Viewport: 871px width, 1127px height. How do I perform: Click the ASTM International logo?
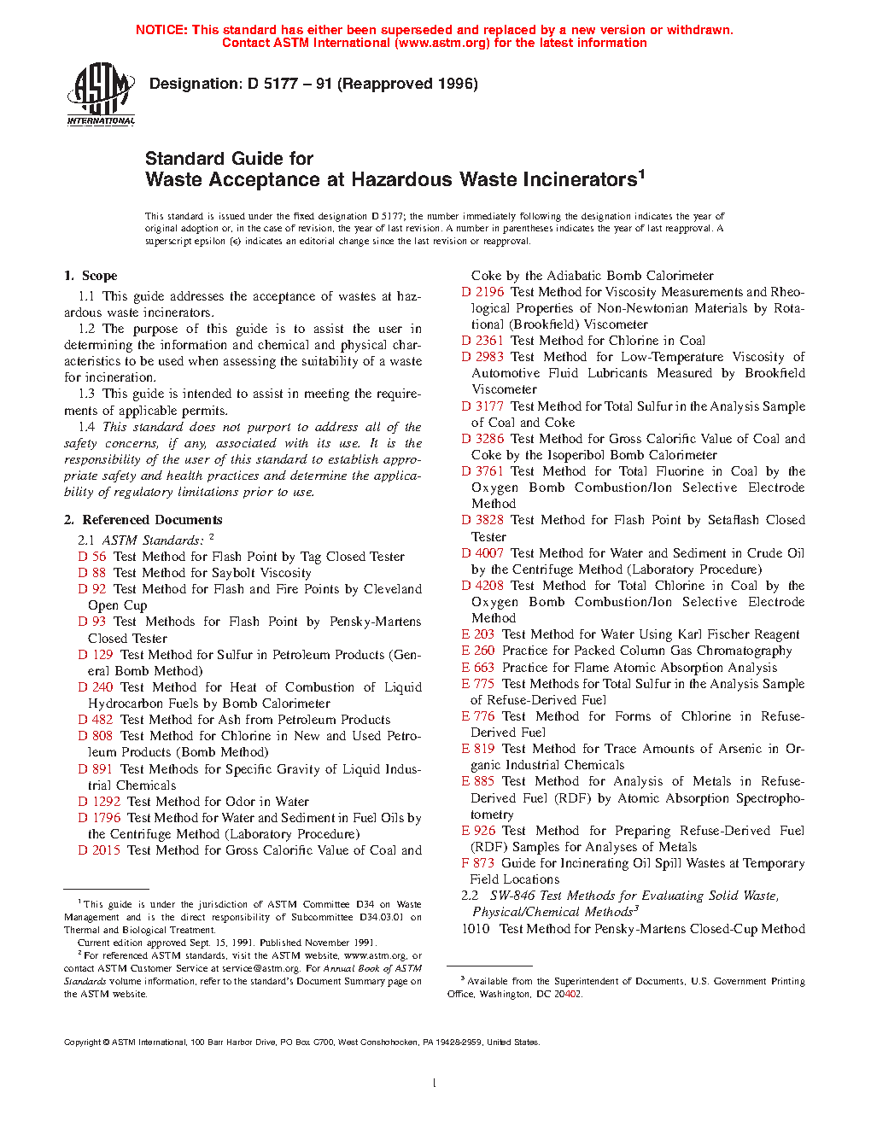pos(100,95)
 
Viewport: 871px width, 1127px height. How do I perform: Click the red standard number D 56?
pos(92,557)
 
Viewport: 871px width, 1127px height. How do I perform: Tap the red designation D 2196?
pos(482,292)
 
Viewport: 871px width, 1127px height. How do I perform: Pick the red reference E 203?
pos(477,634)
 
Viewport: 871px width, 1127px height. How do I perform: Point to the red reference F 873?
pos(477,863)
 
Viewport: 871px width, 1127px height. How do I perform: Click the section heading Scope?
pos(99,276)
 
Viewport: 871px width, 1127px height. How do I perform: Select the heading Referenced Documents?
pos(152,520)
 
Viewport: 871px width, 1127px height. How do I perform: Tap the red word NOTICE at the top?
pos(161,30)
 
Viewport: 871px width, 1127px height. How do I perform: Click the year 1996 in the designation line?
pos(458,84)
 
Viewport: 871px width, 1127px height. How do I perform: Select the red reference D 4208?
pos(482,586)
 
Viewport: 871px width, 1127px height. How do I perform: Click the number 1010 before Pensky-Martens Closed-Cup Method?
pos(476,929)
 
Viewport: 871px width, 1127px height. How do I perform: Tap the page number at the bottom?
pos(435,1083)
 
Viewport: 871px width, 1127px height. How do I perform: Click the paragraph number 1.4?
pos(86,427)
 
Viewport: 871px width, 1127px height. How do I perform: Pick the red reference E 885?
pos(477,781)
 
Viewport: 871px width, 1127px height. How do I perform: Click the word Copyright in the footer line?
pos(83,1042)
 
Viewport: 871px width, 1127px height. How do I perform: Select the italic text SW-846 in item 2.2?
pos(512,896)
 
